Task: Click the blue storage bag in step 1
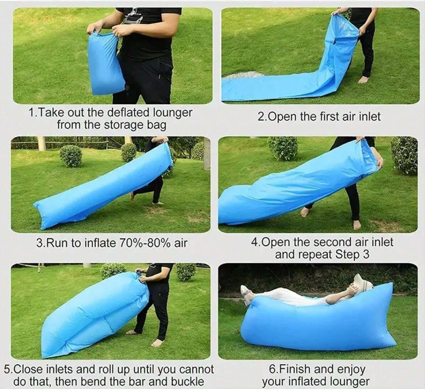coord(105,63)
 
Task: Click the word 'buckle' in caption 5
coord(188,381)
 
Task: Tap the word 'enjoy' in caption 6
coord(351,370)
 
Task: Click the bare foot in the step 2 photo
coord(363,79)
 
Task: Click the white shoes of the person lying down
coord(246,294)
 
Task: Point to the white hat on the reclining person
coord(363,284)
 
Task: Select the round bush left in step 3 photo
coord(70,155)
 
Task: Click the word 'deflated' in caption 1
coord(129,112)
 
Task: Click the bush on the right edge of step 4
coord(404,155)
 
